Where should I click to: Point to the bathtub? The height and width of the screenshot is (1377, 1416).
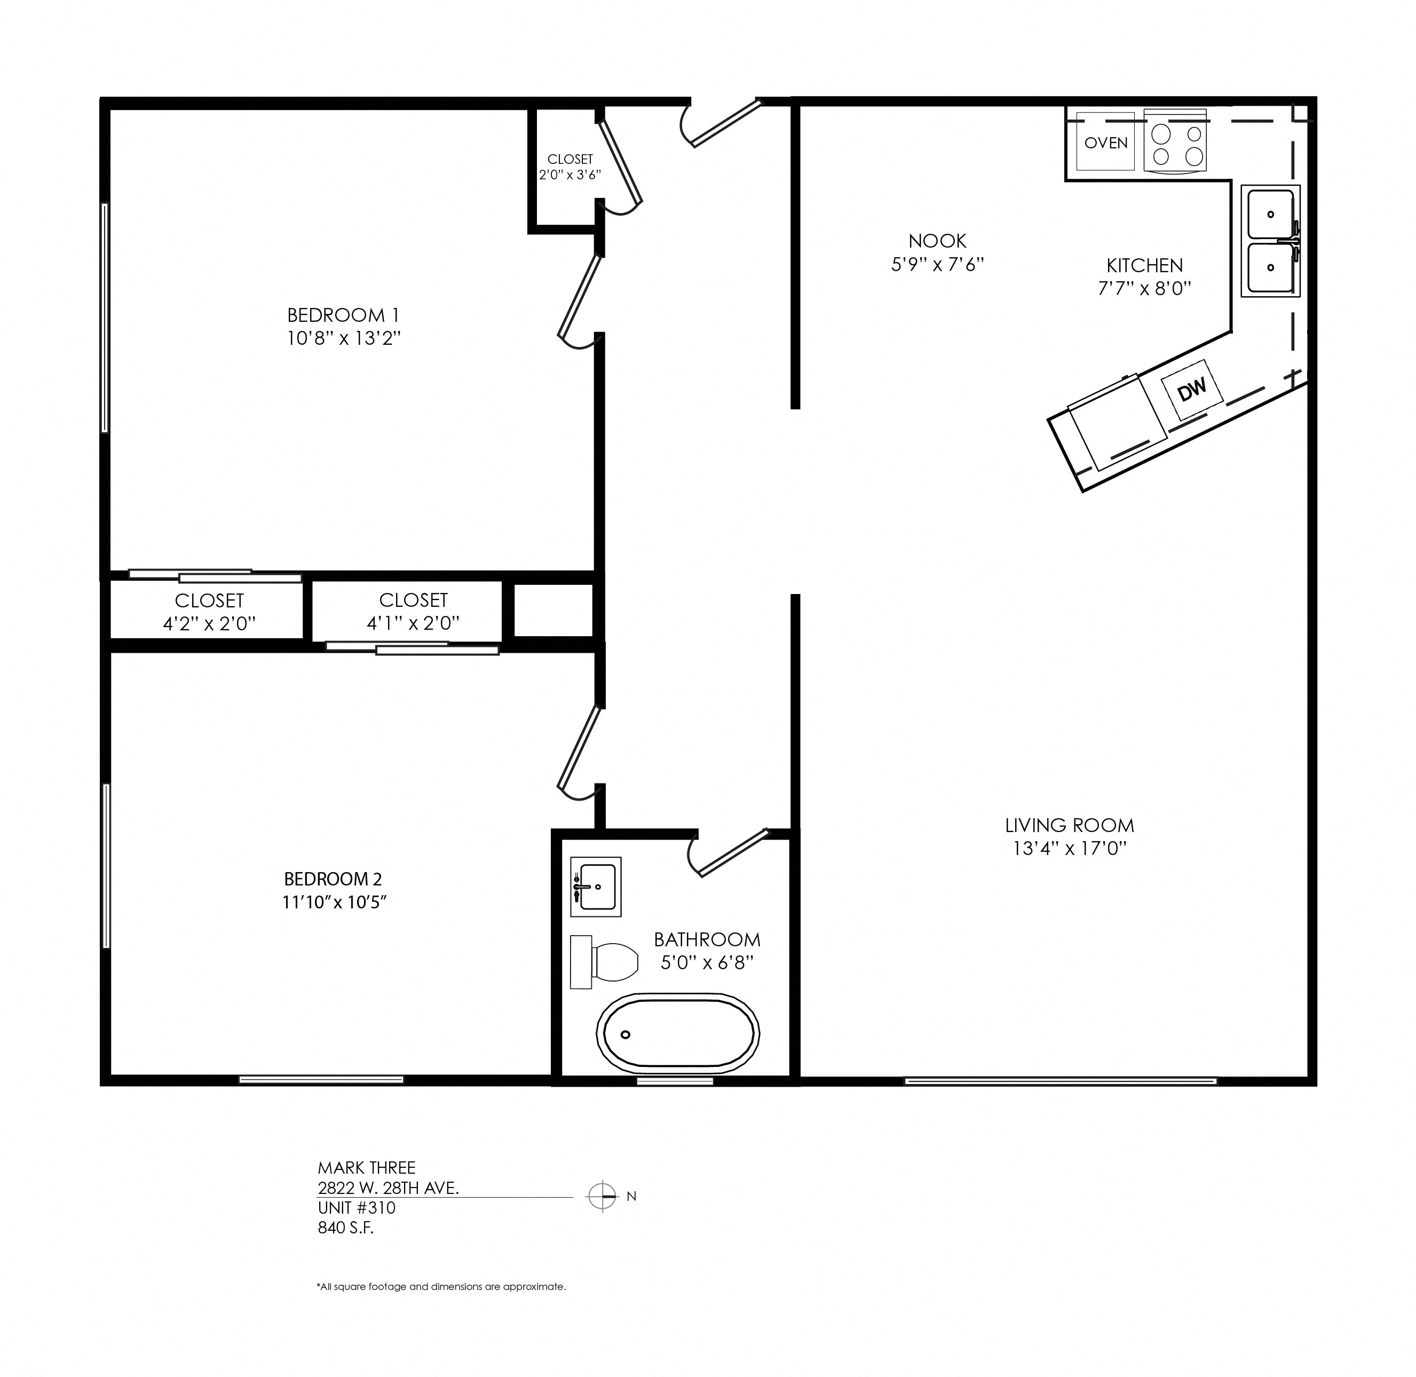pyautogui.click(x=678, y=1033)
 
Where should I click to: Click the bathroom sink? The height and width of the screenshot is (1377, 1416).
pyautogui.click(x=596, y=887)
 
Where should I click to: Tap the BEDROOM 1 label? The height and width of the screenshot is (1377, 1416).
pyautogui.click(x=343, y=315)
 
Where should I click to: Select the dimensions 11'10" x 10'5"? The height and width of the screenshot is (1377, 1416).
pyautogui.click(x=335, y=902)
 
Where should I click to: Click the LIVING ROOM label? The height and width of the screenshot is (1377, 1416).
pyautogui.click(x=1069, y=825)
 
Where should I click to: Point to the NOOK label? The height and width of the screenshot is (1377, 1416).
pyautogui.click(x=937, y=241)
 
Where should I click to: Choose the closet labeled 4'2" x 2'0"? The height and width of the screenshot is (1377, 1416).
pyautogui.click(x=209, y=612)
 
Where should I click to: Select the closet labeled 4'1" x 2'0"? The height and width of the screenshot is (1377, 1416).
pyautogui.click(x=413, y=611)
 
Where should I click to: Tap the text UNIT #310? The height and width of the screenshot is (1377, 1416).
pyautogui.click(x=357, y=1208)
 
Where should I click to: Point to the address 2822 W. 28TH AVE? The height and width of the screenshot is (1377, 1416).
pyautogui.click(x=387, y=1188)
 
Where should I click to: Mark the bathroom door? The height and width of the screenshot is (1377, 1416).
pyautogui.click(x=731, y=853)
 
